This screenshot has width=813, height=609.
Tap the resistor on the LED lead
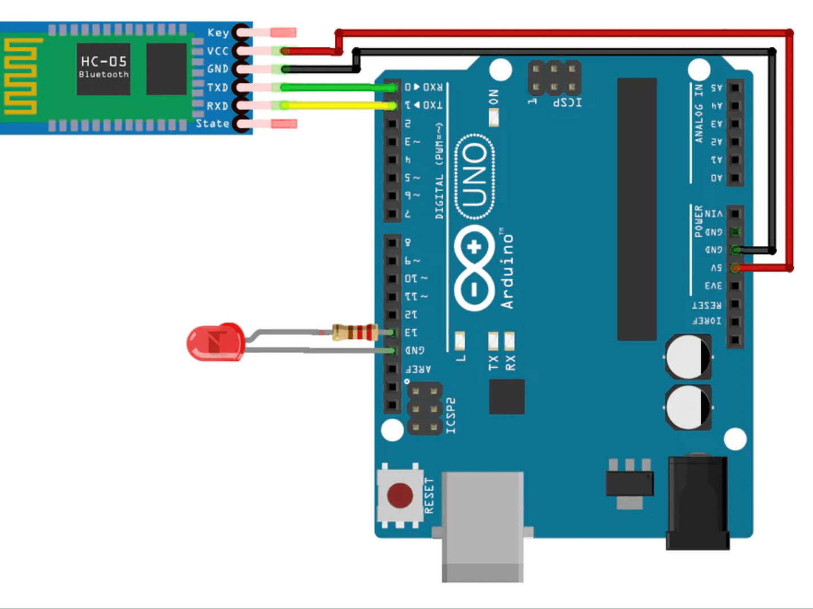point(355,332)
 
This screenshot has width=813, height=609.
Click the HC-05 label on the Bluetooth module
point(104,61)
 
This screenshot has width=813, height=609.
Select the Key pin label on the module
point(218,33)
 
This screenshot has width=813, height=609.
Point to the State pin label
point(212,123)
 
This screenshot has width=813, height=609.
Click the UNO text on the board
point(475,176)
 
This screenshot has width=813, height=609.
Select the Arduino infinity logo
point(474,268)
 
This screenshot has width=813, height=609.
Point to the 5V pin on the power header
point(735,268)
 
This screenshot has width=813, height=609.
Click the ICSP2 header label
point(451,416)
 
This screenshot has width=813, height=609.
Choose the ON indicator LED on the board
point(493,117)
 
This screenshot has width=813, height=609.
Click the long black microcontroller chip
point(636,209)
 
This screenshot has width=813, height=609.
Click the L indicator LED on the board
point(460,341)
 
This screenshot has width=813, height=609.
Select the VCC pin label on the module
point(217,51)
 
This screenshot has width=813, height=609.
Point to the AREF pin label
point(418,369)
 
